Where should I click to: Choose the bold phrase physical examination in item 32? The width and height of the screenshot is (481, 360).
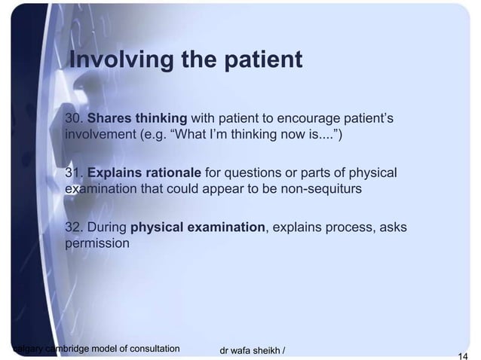click(x=198, y=228)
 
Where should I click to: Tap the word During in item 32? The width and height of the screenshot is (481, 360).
click(x=109, y=228)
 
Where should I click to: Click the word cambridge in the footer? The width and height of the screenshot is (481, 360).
click(x=71, y=349)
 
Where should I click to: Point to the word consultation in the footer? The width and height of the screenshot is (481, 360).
click(x=152, y=349)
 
